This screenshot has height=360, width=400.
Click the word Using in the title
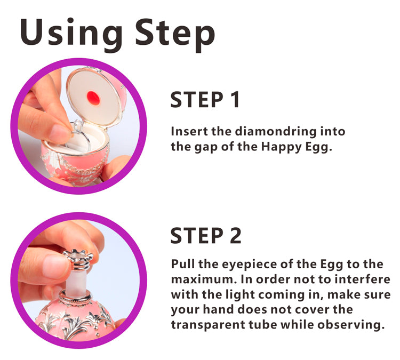pos(71,34)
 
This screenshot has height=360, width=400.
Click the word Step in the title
pos(175,34)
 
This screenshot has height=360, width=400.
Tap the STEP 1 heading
pos(205,100)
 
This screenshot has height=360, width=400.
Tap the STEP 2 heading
pos(206,236)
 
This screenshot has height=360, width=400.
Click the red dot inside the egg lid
pos(93,98)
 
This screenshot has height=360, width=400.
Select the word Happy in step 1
pos(282,147)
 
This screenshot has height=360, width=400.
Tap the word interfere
pos(362,279)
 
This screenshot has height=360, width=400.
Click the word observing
pos(351,325)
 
